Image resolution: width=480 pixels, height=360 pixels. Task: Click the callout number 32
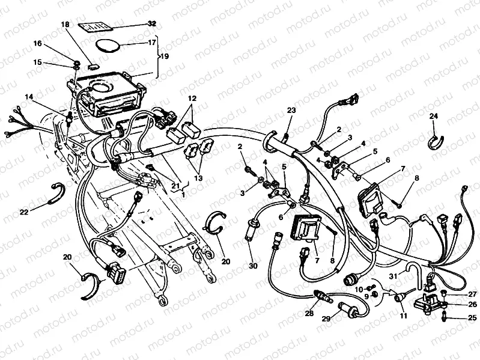coord(152,24)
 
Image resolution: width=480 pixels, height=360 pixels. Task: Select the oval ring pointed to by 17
coord(108,45)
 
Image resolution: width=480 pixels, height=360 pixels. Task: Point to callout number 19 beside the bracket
coord(165,56)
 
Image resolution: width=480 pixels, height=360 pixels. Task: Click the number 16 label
coord(37,43)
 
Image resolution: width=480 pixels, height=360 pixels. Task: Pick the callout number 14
coord(29,97)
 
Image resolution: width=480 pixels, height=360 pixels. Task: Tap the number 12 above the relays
coord(192,99)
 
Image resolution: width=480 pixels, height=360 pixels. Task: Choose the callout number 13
coord(198,178)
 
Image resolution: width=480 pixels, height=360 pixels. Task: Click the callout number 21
coord(175,185)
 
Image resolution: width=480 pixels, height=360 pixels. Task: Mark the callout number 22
coord(24,212)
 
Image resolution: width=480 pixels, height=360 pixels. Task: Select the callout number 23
coord(291,110)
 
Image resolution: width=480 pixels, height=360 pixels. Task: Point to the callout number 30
coord(253,266)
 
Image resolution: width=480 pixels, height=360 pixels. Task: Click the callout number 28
coord(309,314)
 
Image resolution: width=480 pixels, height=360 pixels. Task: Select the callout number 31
coord(393,276)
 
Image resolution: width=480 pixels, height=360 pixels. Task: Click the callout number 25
coord(472,318)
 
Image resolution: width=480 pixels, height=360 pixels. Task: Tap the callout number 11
coord(404,316)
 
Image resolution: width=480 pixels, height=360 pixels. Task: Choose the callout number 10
coord(359,289)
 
